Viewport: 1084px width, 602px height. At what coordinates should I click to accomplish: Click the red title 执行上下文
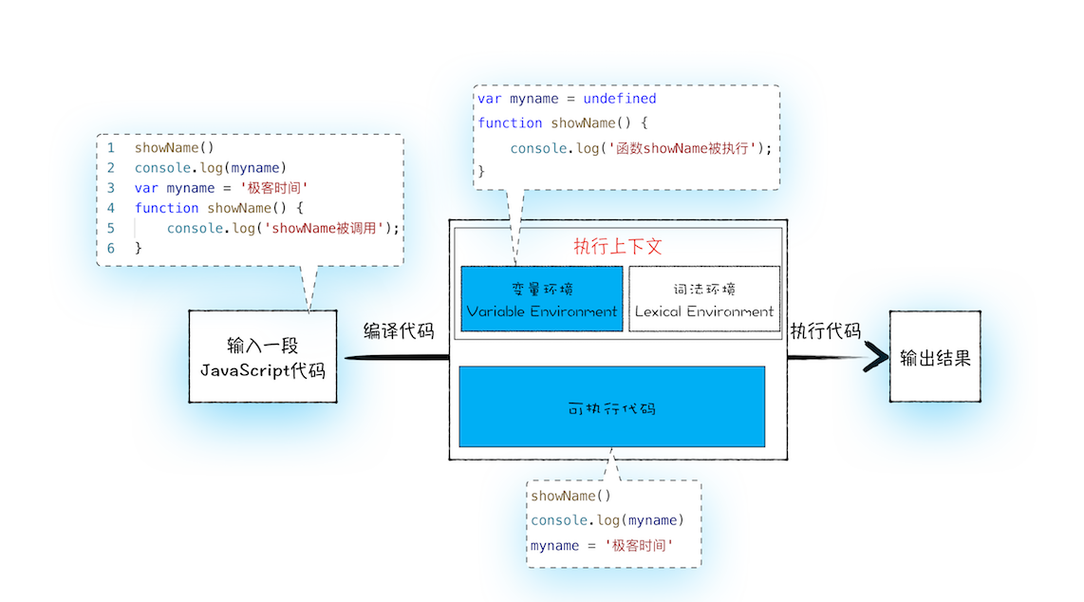(618, 247)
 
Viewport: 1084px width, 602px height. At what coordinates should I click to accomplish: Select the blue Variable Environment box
(542, 299)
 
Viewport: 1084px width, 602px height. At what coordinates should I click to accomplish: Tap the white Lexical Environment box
(704, 299)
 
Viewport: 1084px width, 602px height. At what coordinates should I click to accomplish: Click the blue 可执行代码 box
(611, 406)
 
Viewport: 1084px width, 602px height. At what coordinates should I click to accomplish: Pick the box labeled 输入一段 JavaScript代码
(263, 357)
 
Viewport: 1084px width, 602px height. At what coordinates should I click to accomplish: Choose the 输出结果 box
(935, 358)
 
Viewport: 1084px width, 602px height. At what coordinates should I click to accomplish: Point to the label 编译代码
(399, 331)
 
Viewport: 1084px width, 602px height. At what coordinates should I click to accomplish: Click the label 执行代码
(825, 331)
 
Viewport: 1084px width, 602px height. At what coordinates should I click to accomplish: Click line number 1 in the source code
(111, 148)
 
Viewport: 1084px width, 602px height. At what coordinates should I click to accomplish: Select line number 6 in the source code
(111, 248)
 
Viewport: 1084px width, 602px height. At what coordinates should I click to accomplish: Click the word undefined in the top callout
(619, 99)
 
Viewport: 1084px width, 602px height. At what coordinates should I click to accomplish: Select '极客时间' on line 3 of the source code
(274, 188)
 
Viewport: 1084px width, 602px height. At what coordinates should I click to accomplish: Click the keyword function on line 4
(167, 208)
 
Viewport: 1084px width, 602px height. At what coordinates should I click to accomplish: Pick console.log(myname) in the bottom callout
(607, 520)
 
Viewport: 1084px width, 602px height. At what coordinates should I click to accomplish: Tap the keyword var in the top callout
(490, 99)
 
